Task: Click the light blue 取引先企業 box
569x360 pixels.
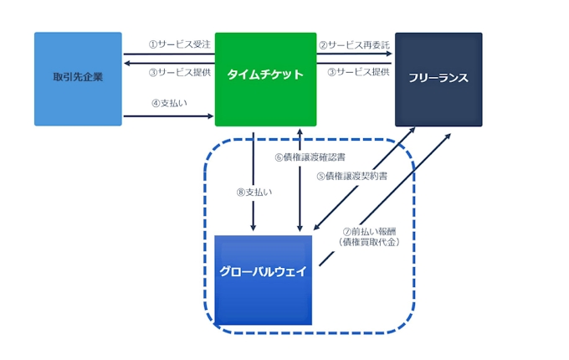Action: point(78,79)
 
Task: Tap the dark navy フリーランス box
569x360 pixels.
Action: point(438,79)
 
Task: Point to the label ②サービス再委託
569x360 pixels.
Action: point(354,44)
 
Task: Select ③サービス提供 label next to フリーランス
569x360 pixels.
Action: point(358,72)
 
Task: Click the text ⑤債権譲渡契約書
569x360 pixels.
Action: point(352,177)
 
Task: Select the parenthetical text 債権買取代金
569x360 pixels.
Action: point(369,243)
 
